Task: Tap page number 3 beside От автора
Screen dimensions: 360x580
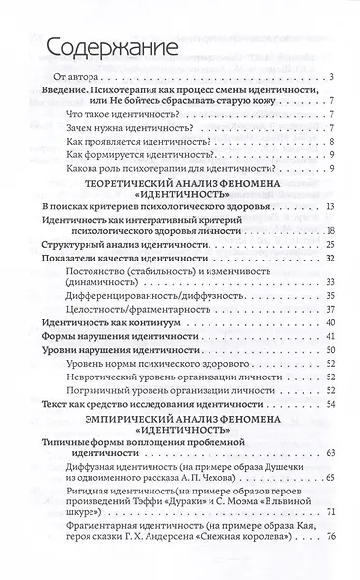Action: pyautogui.click(x=334, y=76)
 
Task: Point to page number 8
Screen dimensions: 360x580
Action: pyautogui.click(x=334, y=141)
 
